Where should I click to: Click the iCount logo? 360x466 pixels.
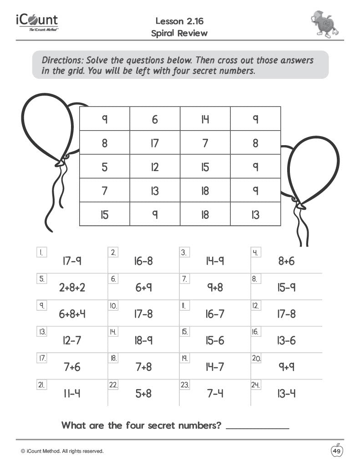coord(37,22)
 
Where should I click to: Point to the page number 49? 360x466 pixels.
coord(337,451)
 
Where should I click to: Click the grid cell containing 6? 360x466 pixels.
coord(155,119)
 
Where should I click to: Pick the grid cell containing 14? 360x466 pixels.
coord(205,119)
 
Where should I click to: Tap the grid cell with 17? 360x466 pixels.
coord(155,143)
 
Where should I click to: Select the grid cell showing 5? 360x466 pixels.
coord(105,167)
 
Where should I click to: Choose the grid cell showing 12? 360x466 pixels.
coord(155,167)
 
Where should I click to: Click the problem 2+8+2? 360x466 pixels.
coord(72,288)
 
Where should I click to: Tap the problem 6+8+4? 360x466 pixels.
coord(72,314)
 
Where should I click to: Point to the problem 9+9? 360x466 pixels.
coord(287,367)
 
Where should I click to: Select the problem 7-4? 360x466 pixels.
coord(215,393)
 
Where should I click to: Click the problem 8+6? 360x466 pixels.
coord(286,261)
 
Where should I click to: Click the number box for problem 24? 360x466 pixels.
coord(256,385)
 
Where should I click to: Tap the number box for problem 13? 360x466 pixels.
coord(42,332)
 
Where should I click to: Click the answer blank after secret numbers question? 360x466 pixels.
coord(257,426)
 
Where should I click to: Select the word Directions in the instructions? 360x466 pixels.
coord(62,60)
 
